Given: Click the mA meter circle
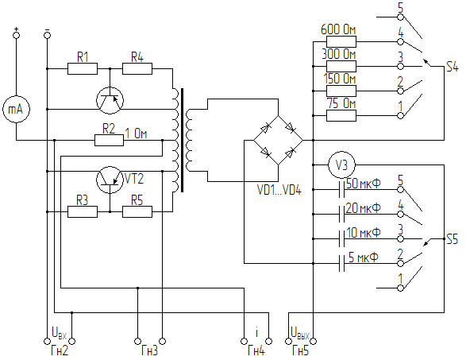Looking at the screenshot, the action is [x=17, y=110].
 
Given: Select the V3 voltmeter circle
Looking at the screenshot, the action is [x=341, y=165].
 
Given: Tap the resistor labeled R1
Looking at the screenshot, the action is [x=83, y=68].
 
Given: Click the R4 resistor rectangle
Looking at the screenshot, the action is [x=137, y=68].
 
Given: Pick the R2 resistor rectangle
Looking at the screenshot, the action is [x=109, y=140].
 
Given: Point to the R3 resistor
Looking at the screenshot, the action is [x=83, y=212].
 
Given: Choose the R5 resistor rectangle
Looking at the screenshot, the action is [x=137, y=212].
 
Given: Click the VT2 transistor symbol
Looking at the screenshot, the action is [x=110, y=180].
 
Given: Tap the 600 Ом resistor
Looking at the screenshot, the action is [x=341, y=42].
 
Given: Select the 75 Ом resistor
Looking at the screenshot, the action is [x=341, y=116].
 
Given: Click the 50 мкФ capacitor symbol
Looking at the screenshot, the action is [x=342, y=189].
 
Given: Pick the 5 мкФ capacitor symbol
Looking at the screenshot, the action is [x=342, y=263].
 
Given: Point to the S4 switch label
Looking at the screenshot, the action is [x=453, y=67].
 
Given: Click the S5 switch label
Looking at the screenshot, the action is [x=453, y=239].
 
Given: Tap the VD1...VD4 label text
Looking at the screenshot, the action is [x=279, y=190].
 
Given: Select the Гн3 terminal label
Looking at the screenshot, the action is [x=150, y=350].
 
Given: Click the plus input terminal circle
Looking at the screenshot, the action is [x=17, y=35].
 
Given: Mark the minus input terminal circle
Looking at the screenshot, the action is [x=47, y=35].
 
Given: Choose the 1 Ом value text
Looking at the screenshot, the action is [x=136, y=134].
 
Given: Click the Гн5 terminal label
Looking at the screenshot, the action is [x=301, y=350].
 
